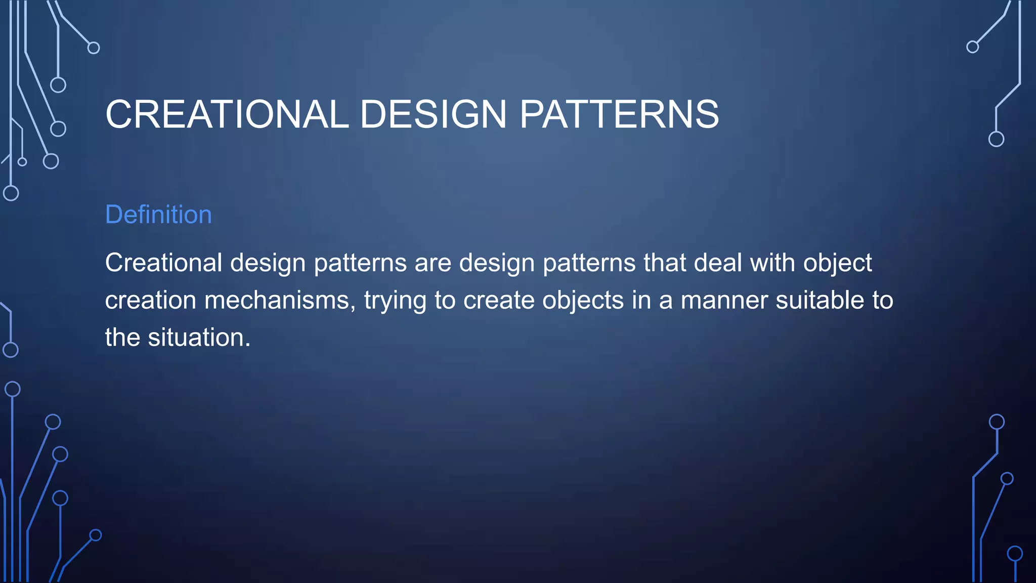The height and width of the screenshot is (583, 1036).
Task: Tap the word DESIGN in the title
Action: point(433,114)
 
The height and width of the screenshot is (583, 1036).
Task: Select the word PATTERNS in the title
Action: point(619,114)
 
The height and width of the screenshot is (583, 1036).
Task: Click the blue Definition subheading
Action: point(158,215)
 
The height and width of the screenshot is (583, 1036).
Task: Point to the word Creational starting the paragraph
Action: point(163,263)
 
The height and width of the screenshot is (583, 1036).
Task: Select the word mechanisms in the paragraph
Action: point(277,300)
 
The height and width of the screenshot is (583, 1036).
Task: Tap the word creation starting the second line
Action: point(150,300)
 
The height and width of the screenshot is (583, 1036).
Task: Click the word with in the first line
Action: point(772,263)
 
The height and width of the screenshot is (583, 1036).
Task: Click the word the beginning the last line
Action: point(122,338)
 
